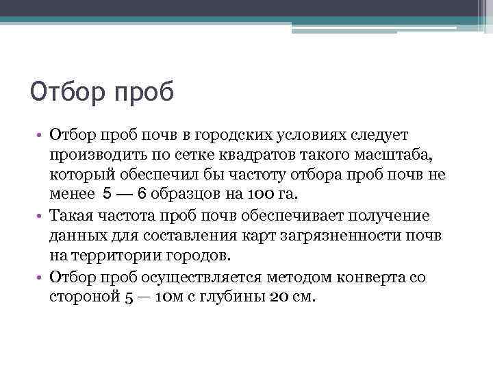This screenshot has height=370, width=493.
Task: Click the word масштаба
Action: (405, 156)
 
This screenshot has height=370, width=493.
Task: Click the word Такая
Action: (72, 216)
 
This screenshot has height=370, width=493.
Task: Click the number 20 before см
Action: (280, 296)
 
